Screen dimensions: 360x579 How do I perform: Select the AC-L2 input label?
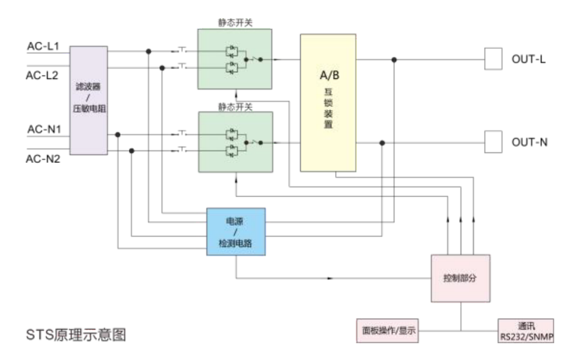pyautogui.click(x=42, y=75)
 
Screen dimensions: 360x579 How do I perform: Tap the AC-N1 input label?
pyautogui.click(x=43, y=130)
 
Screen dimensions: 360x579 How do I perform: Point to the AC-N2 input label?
pyautogui.click(x=43, y=159)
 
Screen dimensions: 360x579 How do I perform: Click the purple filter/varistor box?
pyautogui.click(x=88, y=101)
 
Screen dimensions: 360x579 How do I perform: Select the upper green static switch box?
pyautogui.click(x=235, y=59)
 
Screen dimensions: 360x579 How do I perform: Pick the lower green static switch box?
pyautogui.click(x=235, y=142)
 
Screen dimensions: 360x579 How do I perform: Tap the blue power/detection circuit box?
pyautogui.click(x=236, y=231)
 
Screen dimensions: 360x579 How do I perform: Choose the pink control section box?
pyautogui.click(x=461, y=278)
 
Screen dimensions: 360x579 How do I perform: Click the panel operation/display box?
pyautogui.click(x=386, y=331)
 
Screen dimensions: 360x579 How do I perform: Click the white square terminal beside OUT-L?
pyautogui.click(x=493, y=59)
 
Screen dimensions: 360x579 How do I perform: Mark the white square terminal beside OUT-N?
pyautogui.click(x=493, y=143)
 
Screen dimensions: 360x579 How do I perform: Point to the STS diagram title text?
pyautogui.click(x=77, y=336)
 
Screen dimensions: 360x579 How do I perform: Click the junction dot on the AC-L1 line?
pyautogui.click(x=149, y=52)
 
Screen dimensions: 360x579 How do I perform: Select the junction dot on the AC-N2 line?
pyautogui.click(x=132, y=151)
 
